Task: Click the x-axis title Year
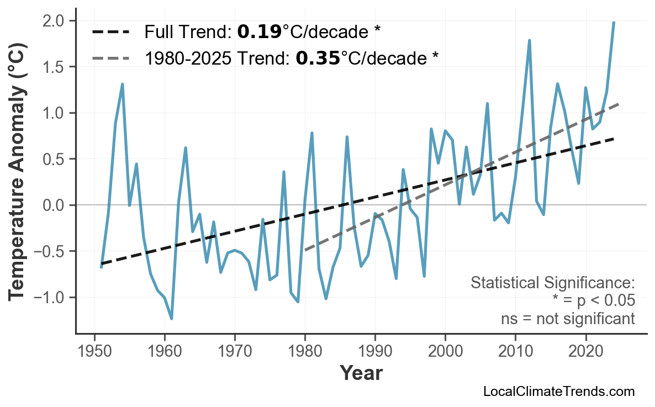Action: point(361,373)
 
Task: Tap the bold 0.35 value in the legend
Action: point(318,58)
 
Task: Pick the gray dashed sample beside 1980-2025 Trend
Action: point(110,58)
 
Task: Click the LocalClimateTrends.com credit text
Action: point(558,392)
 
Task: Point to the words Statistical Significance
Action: point(552,283)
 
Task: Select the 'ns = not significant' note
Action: point(568,319)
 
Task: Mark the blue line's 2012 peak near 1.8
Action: point(529,40)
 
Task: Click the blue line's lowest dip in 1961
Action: point(172,319)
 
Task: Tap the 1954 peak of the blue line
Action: point(122,84)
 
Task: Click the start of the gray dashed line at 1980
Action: point(305,250)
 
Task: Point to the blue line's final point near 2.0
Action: point(614,22)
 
